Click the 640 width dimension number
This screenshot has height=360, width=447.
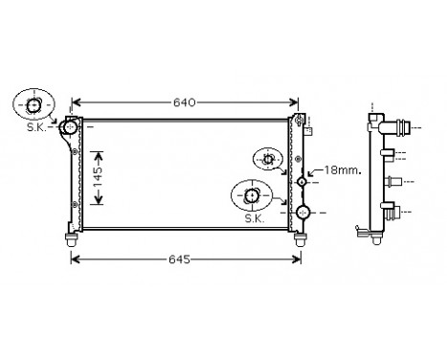click(186, 101)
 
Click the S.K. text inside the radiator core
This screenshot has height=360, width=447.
click(254, 219)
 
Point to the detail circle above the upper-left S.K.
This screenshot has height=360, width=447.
click(34, 103)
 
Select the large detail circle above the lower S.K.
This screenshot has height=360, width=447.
click(252, 196)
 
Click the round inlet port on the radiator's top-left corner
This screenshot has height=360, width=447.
click(69, 126)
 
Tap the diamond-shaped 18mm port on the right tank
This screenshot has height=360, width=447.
click(302, 181)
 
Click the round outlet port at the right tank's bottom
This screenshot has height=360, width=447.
click(302, 212)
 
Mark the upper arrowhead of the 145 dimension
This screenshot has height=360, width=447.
click(97, 151)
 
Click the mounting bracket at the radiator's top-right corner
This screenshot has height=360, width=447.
click(303, 121)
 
